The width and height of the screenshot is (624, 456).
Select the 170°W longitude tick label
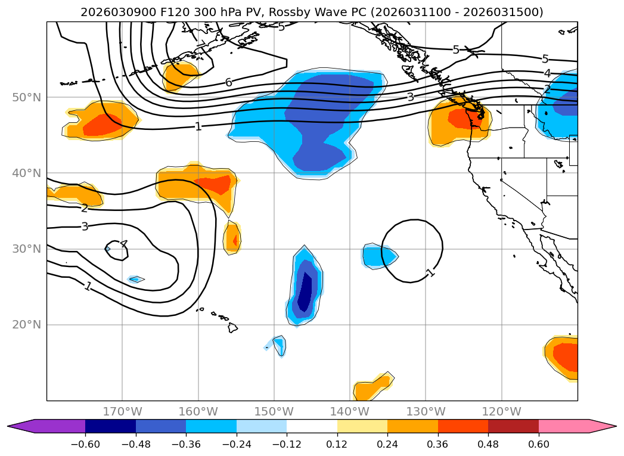tap(122, 411)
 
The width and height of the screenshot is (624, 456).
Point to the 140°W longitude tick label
tap(350, 411)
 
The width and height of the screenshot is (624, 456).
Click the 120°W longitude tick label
tap(501, 411)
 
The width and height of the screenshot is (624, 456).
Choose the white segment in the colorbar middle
tap(312, 426)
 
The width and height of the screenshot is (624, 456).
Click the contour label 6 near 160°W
tap(228, 83)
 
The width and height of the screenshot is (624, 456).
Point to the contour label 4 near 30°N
tap(123, 244)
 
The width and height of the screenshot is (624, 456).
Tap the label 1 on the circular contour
tap(430, 273)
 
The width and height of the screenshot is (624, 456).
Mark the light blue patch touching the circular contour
tap(378, 256)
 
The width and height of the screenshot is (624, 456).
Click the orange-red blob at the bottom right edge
tap(564, 356)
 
